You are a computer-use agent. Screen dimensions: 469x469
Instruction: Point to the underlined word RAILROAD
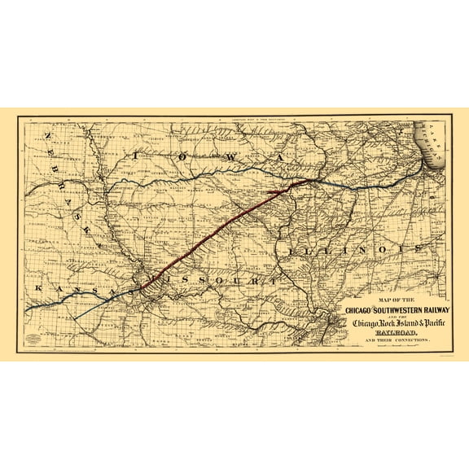pyautogui.click(x=395, y=334)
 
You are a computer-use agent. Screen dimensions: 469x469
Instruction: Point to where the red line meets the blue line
pyautogui.click(x=295, y=184)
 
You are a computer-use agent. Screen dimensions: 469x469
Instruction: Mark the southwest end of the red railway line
pyautogui.click(x=142, y=288)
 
